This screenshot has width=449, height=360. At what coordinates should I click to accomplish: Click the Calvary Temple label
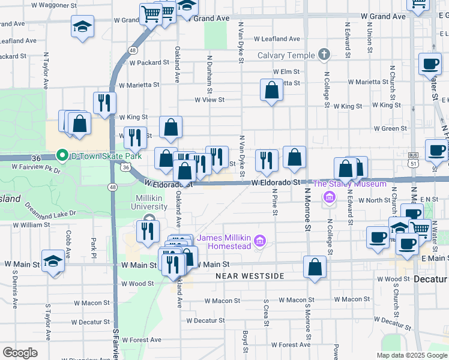tap(286, 56)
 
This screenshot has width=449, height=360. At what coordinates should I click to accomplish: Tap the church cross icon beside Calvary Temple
tap(324, 55)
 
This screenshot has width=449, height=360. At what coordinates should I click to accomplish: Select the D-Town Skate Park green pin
tap(61, 156)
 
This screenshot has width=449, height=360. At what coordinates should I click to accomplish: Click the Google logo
tap(20, 353)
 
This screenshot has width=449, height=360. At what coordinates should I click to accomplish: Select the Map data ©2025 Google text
tap(411, 355)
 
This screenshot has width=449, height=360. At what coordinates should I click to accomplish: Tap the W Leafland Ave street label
tap(277, 39)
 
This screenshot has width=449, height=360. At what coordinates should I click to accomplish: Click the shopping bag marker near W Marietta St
tap(272, 91)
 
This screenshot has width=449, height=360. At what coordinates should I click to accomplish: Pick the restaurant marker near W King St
tap(104, 103)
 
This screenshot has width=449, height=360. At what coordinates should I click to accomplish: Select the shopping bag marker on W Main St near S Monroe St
tap(315, 267)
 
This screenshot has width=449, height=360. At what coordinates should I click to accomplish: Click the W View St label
tap(209, 100)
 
